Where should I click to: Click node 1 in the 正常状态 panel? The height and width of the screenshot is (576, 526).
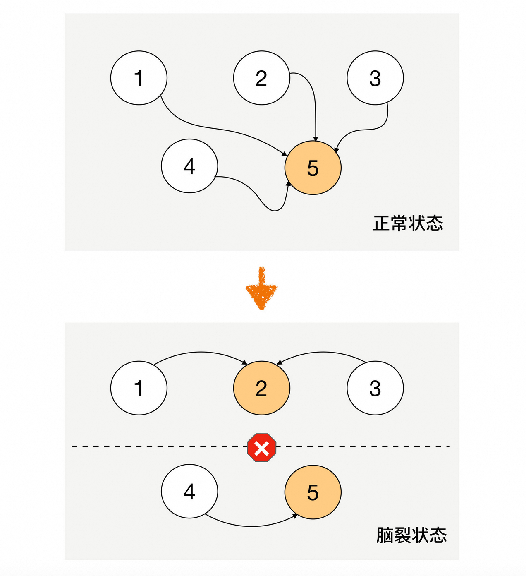139,78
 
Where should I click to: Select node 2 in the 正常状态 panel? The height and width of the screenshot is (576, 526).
261,78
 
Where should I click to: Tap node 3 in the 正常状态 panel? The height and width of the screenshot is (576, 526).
375,78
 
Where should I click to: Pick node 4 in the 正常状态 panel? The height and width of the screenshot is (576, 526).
189,166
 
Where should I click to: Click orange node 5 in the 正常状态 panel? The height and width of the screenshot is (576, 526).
313,168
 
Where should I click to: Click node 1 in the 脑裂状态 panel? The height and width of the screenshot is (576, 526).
139,388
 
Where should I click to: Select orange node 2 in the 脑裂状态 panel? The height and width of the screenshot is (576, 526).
261,388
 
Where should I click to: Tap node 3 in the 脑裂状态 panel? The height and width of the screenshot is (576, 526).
375,388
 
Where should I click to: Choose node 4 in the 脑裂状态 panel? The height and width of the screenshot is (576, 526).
189,491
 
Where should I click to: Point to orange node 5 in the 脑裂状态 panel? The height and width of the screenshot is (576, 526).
313,492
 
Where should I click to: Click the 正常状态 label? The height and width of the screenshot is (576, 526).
408,223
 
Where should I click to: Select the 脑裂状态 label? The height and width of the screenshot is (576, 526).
411,535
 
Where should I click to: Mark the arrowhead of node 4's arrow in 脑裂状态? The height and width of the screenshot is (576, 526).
295,516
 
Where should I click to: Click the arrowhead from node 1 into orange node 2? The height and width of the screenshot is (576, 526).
245,362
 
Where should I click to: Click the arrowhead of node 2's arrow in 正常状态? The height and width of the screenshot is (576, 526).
316,139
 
